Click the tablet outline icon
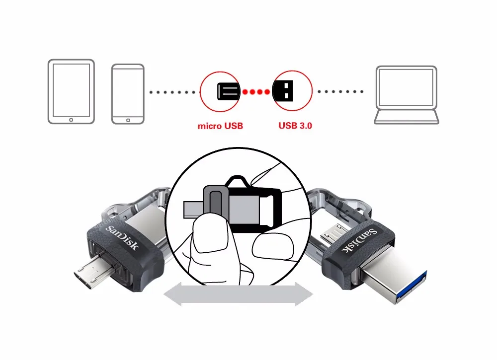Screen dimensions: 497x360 71,91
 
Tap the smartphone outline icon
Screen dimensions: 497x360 128,93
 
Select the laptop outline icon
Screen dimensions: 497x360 407,95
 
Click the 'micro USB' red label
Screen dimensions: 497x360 220,126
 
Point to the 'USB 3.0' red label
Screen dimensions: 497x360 295,126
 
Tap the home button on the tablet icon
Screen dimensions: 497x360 71,120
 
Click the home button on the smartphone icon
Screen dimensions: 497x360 128,120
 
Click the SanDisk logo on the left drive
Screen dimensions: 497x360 121,237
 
